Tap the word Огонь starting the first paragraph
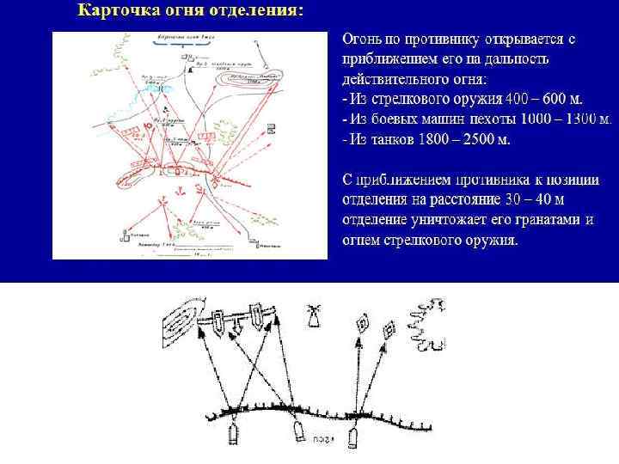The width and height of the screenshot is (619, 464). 363,40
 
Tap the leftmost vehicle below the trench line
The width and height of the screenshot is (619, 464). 232,435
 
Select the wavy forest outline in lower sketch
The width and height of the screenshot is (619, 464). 428,325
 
